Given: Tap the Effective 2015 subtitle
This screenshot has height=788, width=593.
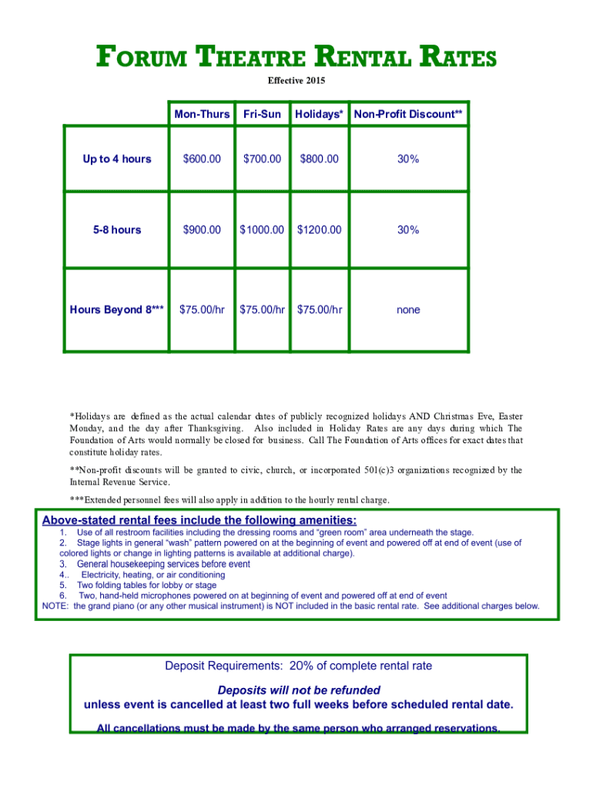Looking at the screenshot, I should click(296, 80).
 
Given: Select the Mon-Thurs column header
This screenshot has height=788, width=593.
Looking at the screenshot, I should click(202, 114).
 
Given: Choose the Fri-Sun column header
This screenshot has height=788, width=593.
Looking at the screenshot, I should click(262, 114).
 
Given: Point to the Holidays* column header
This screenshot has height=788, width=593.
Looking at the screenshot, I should click(318, 114).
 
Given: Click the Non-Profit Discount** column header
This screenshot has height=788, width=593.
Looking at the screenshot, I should click(408, 114).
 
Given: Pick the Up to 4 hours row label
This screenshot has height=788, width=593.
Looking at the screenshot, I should click(117, 159).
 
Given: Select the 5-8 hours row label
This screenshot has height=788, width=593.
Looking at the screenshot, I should click(117, 230).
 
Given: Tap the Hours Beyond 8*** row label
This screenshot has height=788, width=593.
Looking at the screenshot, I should click(117, 310).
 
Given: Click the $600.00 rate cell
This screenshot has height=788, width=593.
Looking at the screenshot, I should click(202, 159).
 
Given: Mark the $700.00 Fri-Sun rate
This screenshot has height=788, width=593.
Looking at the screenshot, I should click(262, 159).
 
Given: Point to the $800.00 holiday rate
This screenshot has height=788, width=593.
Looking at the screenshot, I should click(319, 159).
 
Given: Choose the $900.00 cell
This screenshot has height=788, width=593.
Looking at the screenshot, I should click(202, 230).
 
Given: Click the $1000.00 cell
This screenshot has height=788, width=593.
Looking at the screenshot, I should click(262, 230).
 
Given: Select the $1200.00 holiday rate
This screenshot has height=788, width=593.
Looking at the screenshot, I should click(319, 230).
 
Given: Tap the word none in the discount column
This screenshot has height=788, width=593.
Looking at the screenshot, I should click(408, 310).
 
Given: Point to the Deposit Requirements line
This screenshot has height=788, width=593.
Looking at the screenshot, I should click(299, 666).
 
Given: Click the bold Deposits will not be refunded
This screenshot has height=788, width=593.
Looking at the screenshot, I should click(299, 690).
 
